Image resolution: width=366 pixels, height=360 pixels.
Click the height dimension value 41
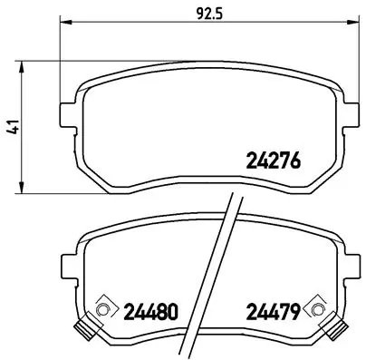pyautogui.click(x=12, y=129)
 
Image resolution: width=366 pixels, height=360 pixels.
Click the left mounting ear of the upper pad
pyautogui.click(x=66, y=115)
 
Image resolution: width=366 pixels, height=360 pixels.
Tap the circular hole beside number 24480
pyautogui.click(x=102, y=311)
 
